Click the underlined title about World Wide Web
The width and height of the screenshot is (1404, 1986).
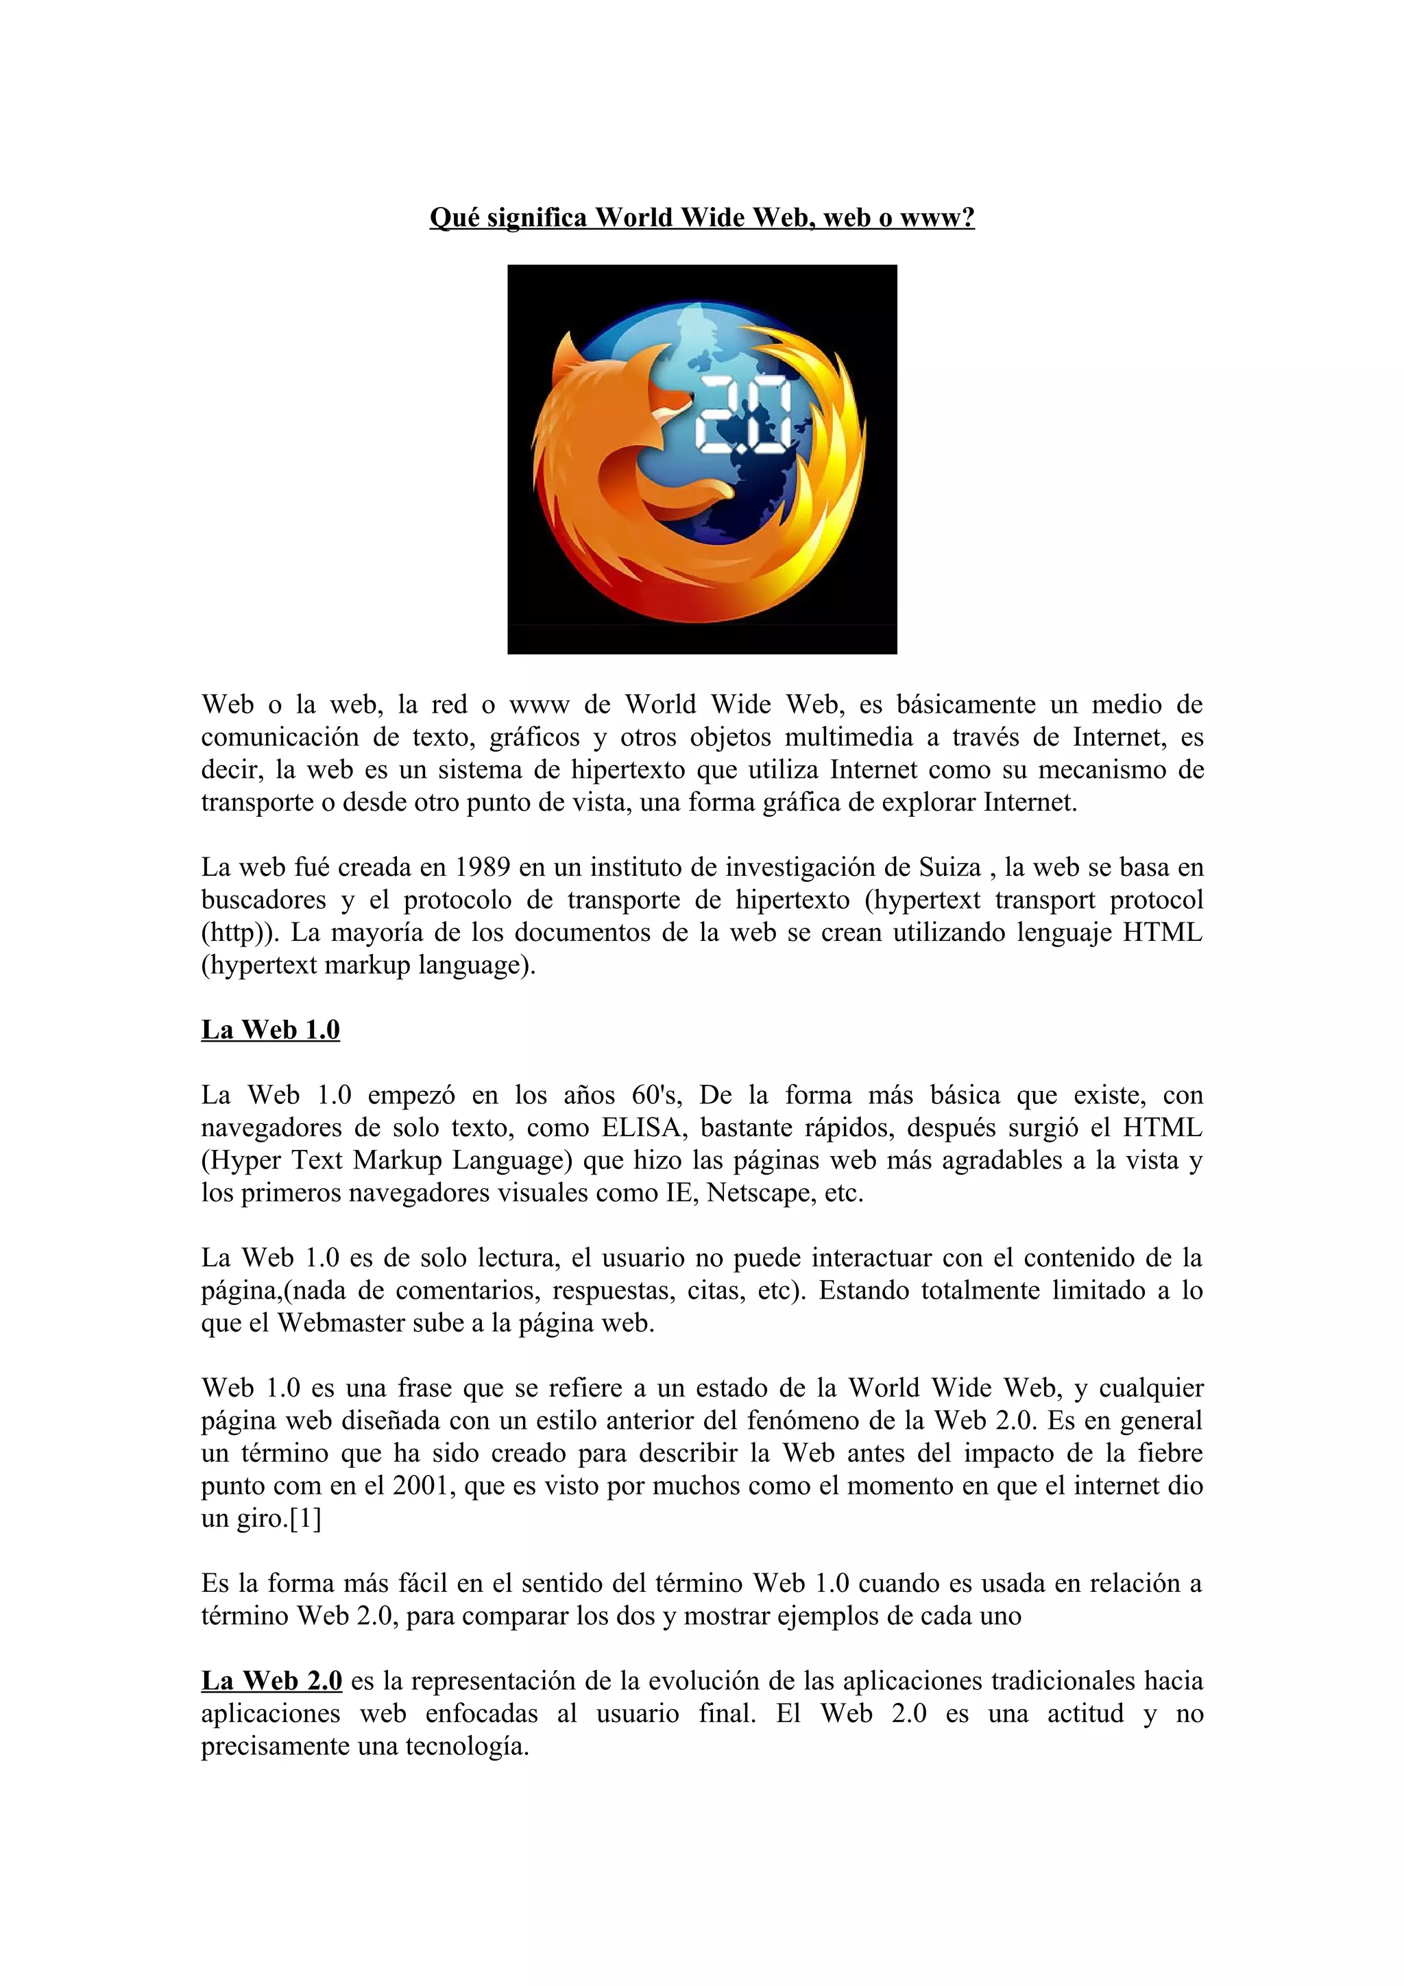701,217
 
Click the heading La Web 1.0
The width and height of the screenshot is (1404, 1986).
270,1029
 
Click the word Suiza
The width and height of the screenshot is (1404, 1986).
950,867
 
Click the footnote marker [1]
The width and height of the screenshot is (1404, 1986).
305,1519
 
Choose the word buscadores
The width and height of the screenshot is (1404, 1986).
264,900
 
